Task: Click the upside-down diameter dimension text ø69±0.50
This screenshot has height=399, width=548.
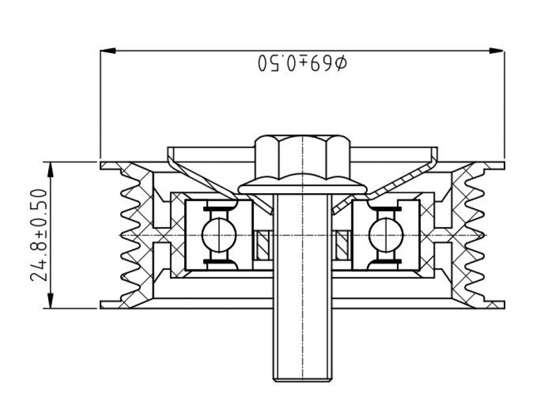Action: [x=302, y=63]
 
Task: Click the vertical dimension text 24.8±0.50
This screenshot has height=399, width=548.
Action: [x=38, y=235]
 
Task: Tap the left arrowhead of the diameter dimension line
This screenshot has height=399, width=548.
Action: [x=108, y=50]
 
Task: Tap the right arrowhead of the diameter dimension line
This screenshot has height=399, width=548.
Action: [x=496, y=50]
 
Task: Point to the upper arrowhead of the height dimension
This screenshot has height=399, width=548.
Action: [x=51, y=170]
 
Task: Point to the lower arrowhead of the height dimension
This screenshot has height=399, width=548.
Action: [x=51, y=301]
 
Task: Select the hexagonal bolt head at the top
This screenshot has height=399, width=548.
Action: [x=302, y=157]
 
